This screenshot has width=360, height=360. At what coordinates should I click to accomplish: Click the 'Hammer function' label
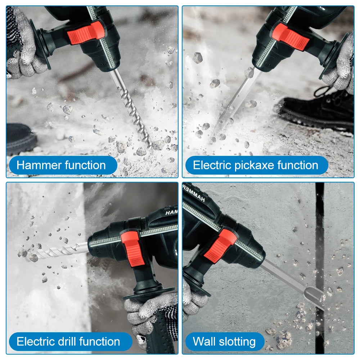coord(61,165)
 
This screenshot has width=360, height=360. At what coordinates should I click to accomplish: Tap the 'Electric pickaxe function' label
coord(256,165)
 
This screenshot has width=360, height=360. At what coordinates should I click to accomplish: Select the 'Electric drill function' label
coord(68,341)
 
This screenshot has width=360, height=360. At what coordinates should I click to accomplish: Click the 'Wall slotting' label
coord(224,341)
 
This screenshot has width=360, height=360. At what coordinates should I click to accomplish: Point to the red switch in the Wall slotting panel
coord(220,246)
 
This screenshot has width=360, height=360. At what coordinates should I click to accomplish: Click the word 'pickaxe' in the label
coord(256,165)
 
